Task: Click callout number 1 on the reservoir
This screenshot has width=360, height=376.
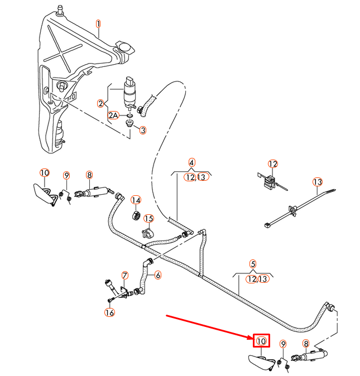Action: tap(98, 24)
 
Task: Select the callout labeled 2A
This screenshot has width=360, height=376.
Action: tap(114, 115)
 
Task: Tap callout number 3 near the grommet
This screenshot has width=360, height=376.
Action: tap(143, 130)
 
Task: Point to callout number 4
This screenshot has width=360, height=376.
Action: tap(191, 163)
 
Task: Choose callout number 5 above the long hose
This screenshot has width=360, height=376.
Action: tap(252, 264)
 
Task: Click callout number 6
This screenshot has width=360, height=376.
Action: tap(158, 274)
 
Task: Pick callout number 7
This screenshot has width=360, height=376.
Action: tap(125, 275)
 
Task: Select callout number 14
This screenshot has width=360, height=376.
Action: tap(136, 200)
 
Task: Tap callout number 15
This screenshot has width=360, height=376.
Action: tap(148, 219)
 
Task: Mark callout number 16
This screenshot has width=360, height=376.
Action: tap(109, 312)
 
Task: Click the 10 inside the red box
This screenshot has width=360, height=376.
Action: tap(262, 340)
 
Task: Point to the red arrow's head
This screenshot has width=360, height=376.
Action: tap(252, 338)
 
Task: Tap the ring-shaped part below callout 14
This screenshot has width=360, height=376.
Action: tap(135, 216)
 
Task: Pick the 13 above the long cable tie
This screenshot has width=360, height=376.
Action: tap(318, 182)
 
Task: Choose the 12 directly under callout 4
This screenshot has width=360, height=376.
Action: tap(190, 177)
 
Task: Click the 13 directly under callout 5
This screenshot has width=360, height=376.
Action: tap(263, 278)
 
